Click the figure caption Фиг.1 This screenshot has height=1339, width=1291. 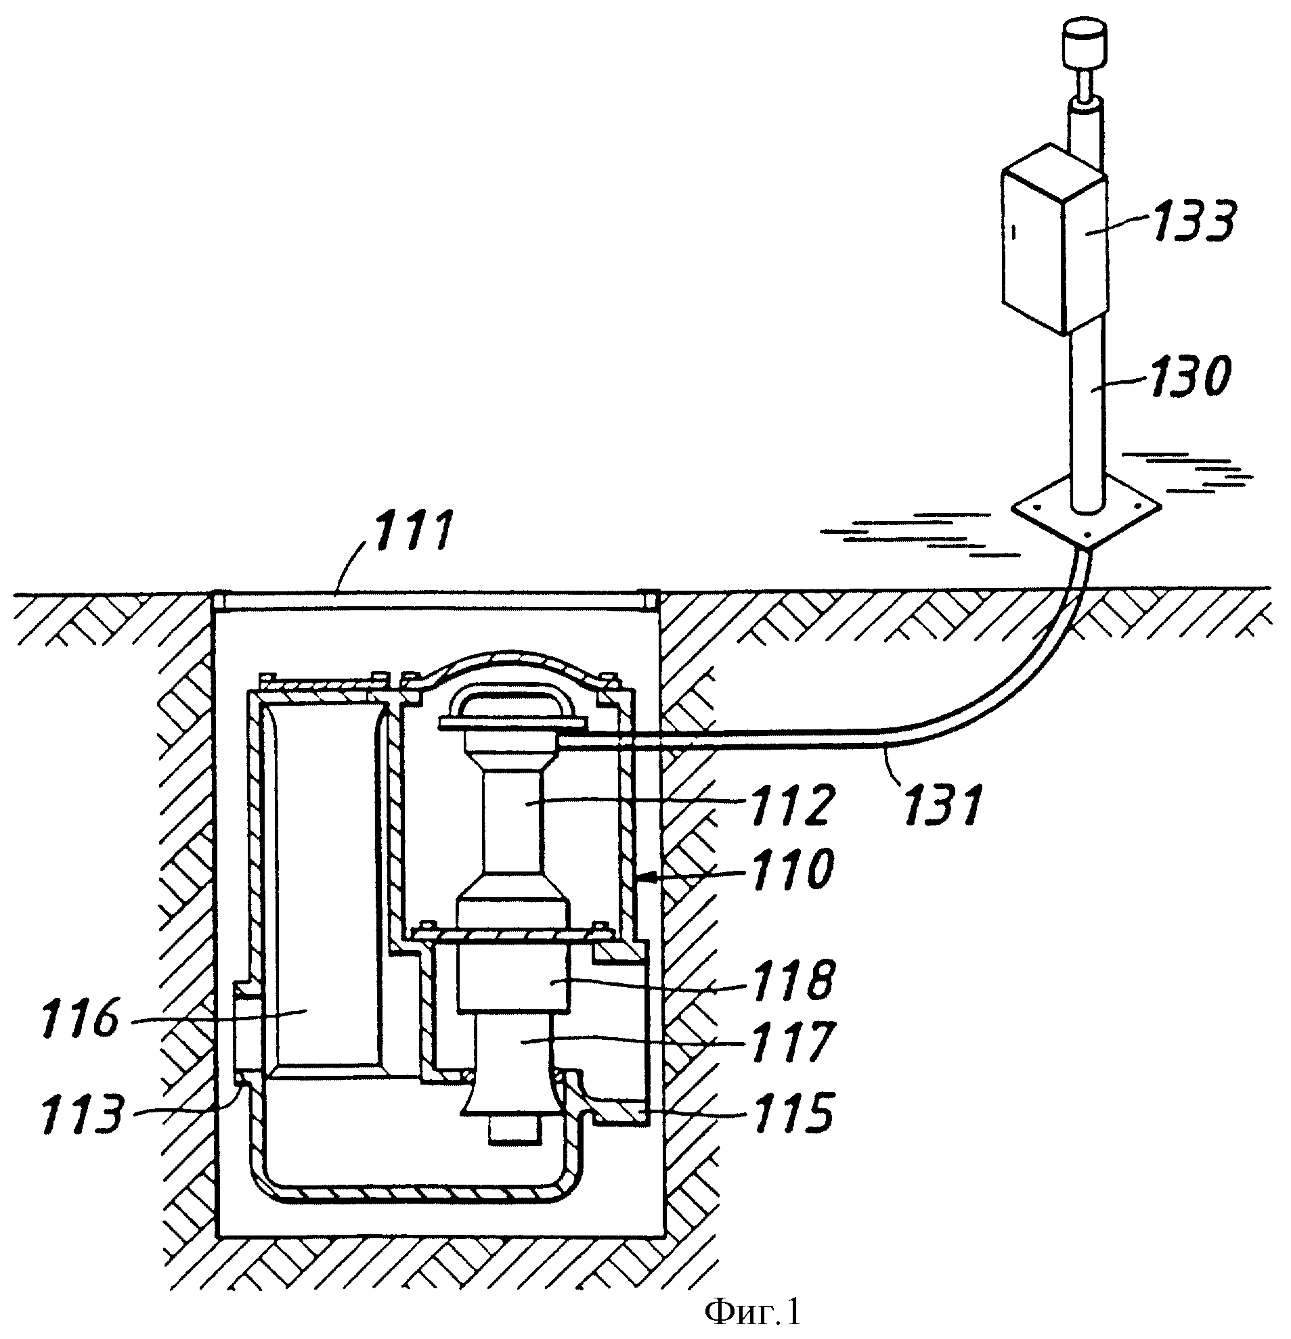tap(752, 1313)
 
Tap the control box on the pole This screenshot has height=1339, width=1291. tap(1053, 239)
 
